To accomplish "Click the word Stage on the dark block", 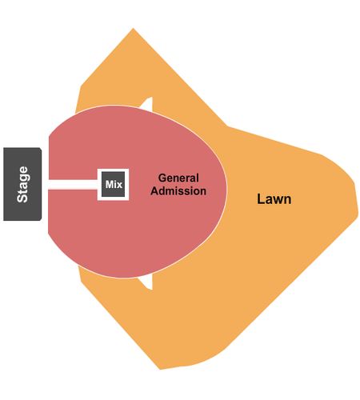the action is click(22, 184).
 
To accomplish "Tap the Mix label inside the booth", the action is click(114, 184).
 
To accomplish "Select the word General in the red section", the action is click(178, 178).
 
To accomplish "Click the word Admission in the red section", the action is click(178, 191).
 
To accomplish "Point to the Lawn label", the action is click(274, 199).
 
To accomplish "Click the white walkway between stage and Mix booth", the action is click(73, 184).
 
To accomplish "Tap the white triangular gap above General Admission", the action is click(147, 105).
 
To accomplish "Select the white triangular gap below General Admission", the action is click(146, 282).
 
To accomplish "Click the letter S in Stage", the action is click(22, 198).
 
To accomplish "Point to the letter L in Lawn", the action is click(260, 199).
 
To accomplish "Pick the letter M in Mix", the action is click(110, 184).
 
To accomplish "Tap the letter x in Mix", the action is click(120, 186).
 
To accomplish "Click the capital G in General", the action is click(162, 178).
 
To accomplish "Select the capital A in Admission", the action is click(155, 191).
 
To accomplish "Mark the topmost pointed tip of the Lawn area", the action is click(133, 28).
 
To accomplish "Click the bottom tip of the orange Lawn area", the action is click(160, 370).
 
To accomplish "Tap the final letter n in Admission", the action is click(203, 192).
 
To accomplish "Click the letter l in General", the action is click(198, 178).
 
